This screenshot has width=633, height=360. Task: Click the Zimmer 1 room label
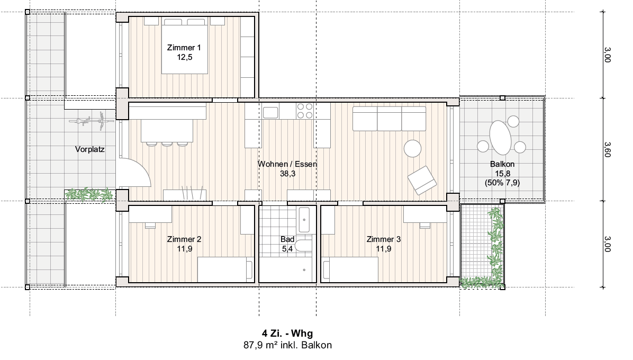tap(184, 48)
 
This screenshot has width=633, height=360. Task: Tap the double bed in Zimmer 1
tap(185, 46)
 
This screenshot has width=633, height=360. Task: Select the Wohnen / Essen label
tap(287, 164)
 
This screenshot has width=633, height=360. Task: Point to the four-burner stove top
tap(305, 111)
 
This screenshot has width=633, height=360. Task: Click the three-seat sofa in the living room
tap(389, 119)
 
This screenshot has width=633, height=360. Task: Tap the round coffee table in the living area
tap(413, 149)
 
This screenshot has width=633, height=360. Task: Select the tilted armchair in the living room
tap(422, 180)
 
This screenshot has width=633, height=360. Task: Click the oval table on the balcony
tap(500, 138)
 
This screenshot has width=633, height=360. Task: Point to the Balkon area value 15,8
tap(503, 174)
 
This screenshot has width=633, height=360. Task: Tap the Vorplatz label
tap(89, 149)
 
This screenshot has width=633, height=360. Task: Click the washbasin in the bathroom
tap(304, 220)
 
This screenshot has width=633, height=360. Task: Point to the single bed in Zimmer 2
tap(225, 270)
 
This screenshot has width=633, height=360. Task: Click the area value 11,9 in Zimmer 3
tap(384, 249)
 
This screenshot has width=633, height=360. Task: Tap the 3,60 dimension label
tap(608, 149)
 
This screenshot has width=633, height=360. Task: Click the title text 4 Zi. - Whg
tap(287, 334)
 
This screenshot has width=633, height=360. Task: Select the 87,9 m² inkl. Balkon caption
tap(287, 346)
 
